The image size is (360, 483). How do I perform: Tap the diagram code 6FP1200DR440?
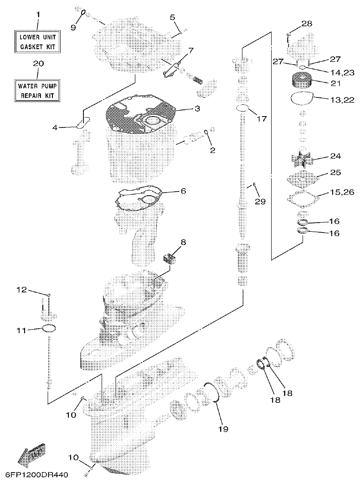pos(36,475)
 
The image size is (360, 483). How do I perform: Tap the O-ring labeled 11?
pos(48,329)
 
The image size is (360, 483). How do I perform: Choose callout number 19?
pos(223,428)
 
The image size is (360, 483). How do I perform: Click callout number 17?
pos(262,119)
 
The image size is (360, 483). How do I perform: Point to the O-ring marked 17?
pos(243,108)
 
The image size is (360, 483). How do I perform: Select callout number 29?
pos(260,200)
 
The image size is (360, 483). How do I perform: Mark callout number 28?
pos(307,24)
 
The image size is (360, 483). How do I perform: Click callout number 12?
pos(22,290)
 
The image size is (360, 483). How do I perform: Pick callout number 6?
pos(183,191)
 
